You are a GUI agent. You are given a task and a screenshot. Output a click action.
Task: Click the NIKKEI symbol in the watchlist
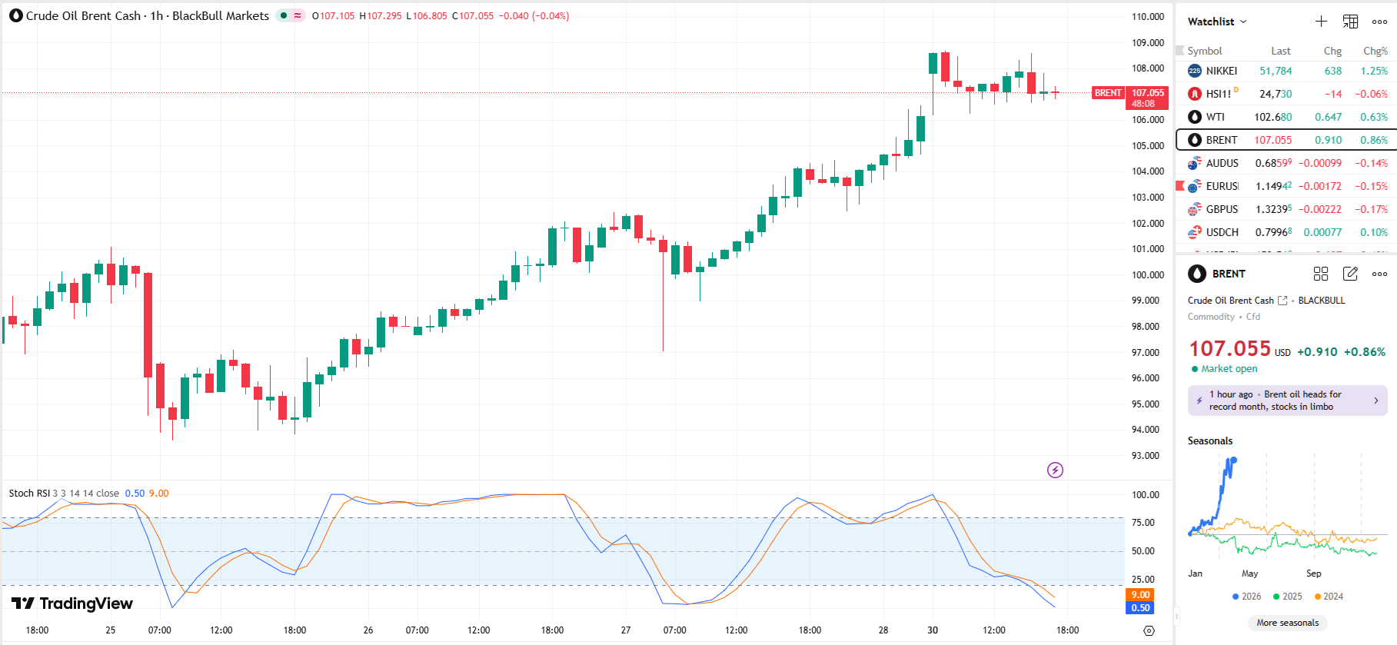click(x=1221, y=71)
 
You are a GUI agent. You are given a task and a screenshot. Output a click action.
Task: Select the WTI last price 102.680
click(x=1272, y=117)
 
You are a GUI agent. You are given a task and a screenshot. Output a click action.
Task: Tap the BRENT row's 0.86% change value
click(x=1373, y=140)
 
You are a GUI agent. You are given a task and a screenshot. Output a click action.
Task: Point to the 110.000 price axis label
click(x=1147, y=17)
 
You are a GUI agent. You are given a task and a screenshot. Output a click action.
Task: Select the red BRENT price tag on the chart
click(x=1108, y=93)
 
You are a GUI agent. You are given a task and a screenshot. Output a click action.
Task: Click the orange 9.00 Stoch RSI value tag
click(x=1140, y=595)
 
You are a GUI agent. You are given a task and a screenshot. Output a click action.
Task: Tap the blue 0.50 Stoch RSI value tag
click(x=1140, y=608)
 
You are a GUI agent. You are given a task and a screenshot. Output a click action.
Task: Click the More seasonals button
click(x=1287, y=623)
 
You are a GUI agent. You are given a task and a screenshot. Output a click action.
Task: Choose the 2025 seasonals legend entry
click(x=1288, y=597)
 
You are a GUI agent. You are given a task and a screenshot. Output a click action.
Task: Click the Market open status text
click(x=1229, y=369)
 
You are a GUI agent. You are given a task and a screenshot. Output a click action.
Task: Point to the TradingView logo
click(x=72, y=603)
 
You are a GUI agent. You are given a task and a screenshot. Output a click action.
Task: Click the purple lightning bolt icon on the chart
click(x=1055, y=470)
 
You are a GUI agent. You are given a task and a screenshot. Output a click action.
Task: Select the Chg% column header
click(x=1375, y=51)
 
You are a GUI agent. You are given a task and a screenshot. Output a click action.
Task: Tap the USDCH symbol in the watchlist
click(x=1222, y=232)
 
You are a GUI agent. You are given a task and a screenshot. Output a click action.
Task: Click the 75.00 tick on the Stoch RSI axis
click(x=1143, y=523)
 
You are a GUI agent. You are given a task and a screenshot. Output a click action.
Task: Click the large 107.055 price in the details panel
click(x=1229, y=349)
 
